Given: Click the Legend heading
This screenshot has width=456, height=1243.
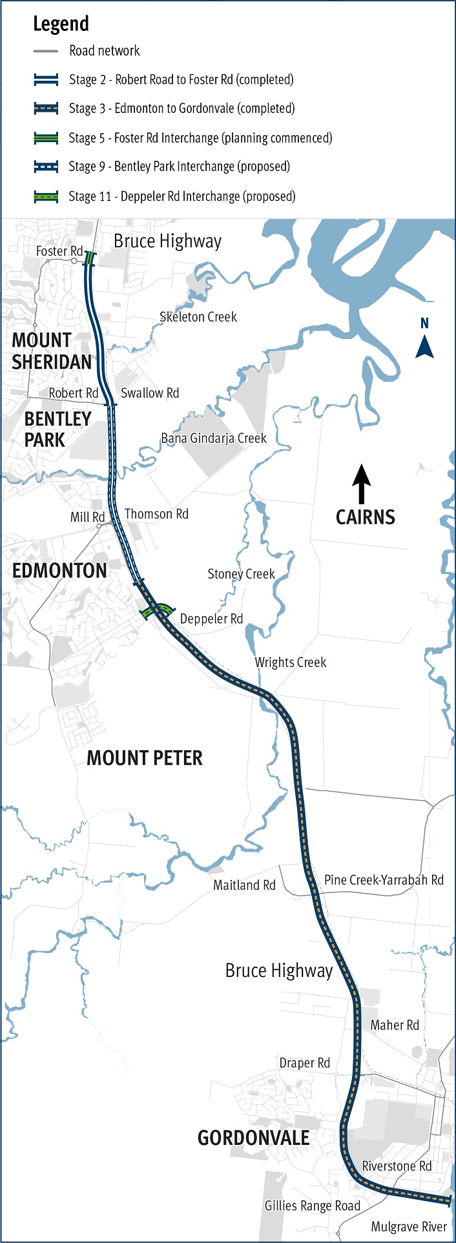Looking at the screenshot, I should coord(61,24).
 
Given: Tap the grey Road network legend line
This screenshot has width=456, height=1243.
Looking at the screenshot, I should coord(47,51).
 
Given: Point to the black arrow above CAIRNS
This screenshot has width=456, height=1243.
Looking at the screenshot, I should coord(361,484).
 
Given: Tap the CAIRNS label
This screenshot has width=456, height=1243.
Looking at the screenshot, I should coord(365,517).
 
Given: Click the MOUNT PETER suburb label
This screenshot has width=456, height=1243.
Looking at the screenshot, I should coord(145,758).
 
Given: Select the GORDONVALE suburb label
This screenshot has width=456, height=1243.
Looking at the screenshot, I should coord(253,1138).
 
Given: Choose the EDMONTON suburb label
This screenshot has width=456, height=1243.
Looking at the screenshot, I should coord(59,571).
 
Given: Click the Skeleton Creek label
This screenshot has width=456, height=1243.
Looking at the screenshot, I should coord(198,317).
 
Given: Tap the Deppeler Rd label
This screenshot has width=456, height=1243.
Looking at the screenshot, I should coord(211,619).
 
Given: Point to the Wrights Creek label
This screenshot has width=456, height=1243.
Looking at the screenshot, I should coord(290,662).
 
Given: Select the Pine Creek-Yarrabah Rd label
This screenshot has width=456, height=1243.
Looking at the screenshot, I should coord(384,879).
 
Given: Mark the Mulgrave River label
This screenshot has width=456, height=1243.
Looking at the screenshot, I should coord(409,1226).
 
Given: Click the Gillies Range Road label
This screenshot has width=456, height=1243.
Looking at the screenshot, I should coord(312,1206).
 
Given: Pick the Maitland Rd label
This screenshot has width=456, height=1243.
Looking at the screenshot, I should coord(244,885).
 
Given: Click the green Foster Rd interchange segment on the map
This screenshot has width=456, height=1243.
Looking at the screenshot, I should coord(90,258).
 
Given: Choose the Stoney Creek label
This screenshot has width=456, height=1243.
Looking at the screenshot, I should coord(241,574).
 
